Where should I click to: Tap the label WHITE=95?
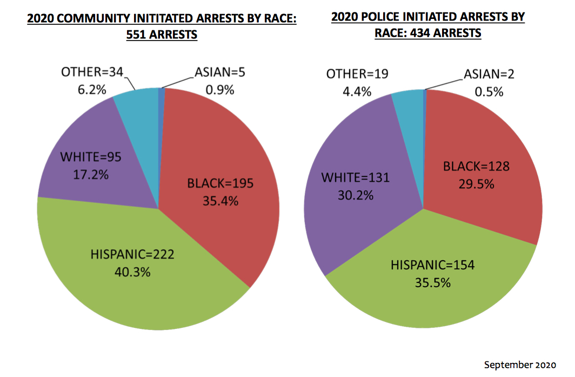(90, 157)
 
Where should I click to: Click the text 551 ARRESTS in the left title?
(161, 35)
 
